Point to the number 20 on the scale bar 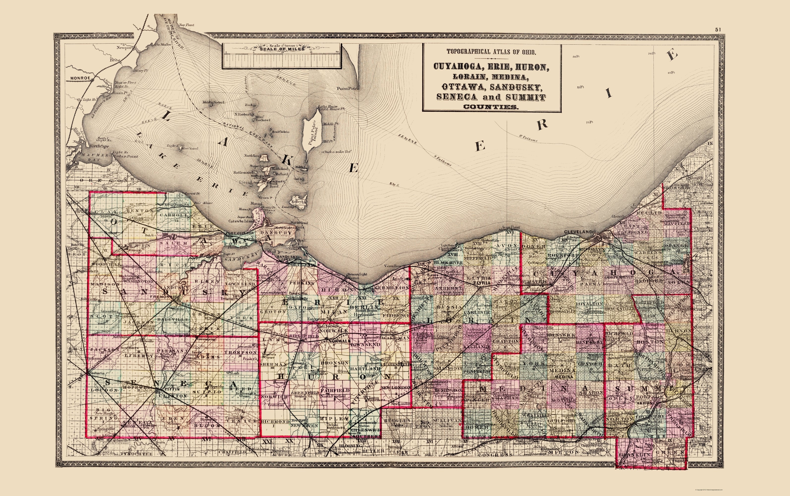click(x=337, y=52)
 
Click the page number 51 click(x=718, y=30)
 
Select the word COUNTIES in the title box click(x=491, y=107)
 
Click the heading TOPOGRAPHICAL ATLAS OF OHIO click(x=491, y=52)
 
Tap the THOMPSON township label click(x=240, y=352)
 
